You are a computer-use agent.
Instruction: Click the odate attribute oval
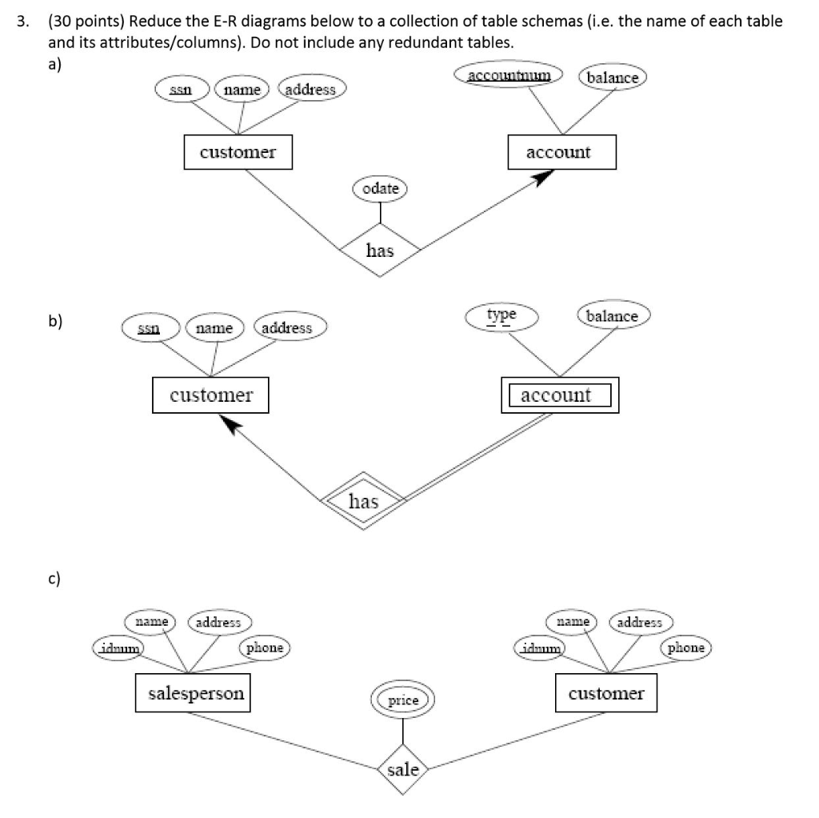tap(380, 189)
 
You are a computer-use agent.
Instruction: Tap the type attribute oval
tap(501, 315)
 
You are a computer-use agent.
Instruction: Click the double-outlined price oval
tap(403, 700)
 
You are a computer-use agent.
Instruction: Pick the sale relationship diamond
tap(402, 770)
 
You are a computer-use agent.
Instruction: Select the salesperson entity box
tap(196, 693)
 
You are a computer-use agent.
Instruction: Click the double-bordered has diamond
tap(363, 501)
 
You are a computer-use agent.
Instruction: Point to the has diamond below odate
tap(380, 251)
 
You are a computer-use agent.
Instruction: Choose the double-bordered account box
tap(560, 395)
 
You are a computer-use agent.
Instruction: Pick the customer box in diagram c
tap(605, 693)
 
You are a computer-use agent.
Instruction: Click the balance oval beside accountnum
tap(613, 78)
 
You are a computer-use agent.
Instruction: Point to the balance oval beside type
tap(612, 316)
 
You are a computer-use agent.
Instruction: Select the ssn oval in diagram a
tap(183, 90)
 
